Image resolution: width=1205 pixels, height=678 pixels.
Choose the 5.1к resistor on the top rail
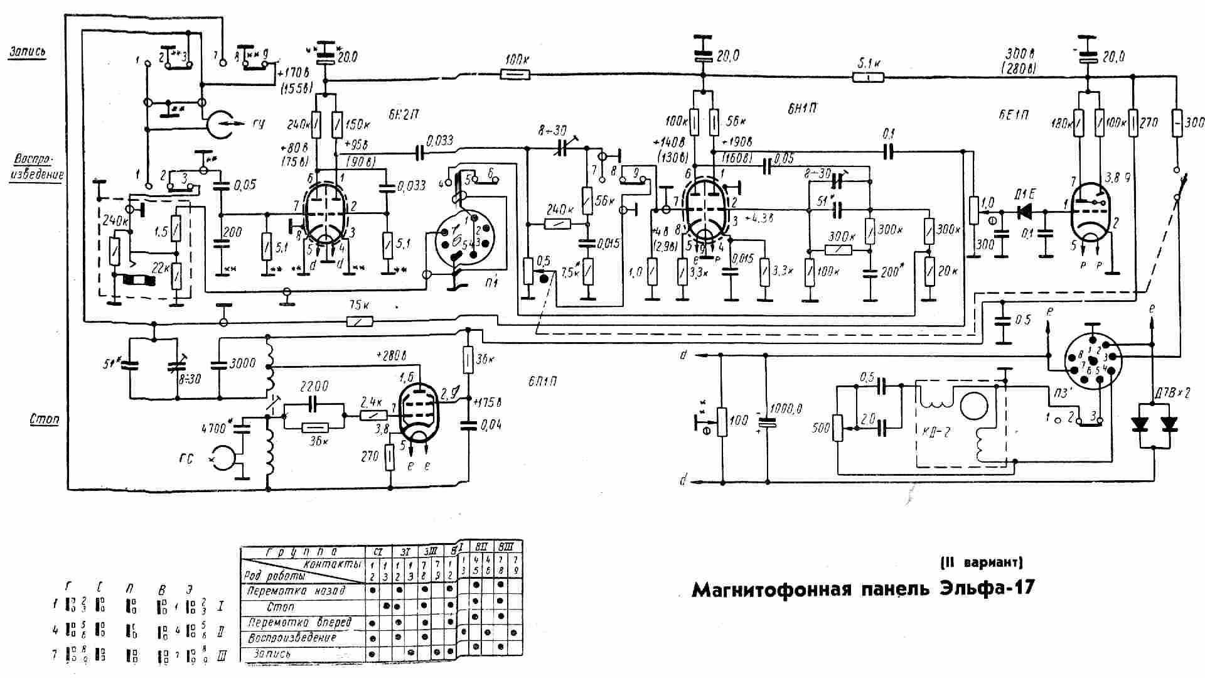[x=868, y=77]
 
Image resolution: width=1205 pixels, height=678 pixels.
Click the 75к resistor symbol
[x=360, y=322]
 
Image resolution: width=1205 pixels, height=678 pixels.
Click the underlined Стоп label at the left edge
[x=44, y=419]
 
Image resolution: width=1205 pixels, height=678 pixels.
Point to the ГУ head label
[x=258, y=124]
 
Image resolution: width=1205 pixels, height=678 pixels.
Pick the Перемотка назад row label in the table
[x=296, y=591]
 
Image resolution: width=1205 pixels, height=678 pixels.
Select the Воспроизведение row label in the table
[x=292, y=638]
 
